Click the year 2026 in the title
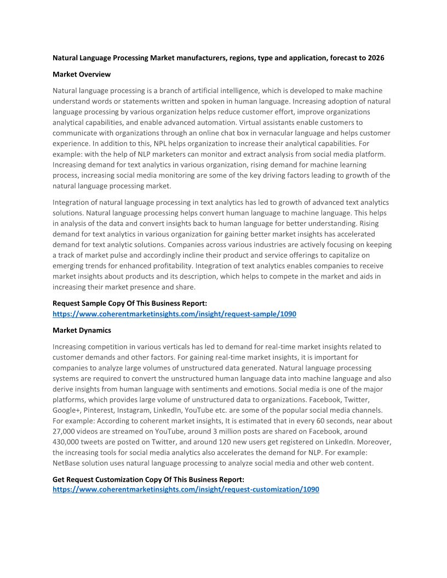(x=375, y=58)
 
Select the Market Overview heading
(x=82, y=74)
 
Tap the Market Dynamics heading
(x=82, y=331)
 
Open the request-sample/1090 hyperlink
(x=174, y=314)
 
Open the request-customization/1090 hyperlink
(x=186, y=489)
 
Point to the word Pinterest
(x=98, y=411)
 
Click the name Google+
(x=66, y=411)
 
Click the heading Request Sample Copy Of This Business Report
(x=130, y=304)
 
